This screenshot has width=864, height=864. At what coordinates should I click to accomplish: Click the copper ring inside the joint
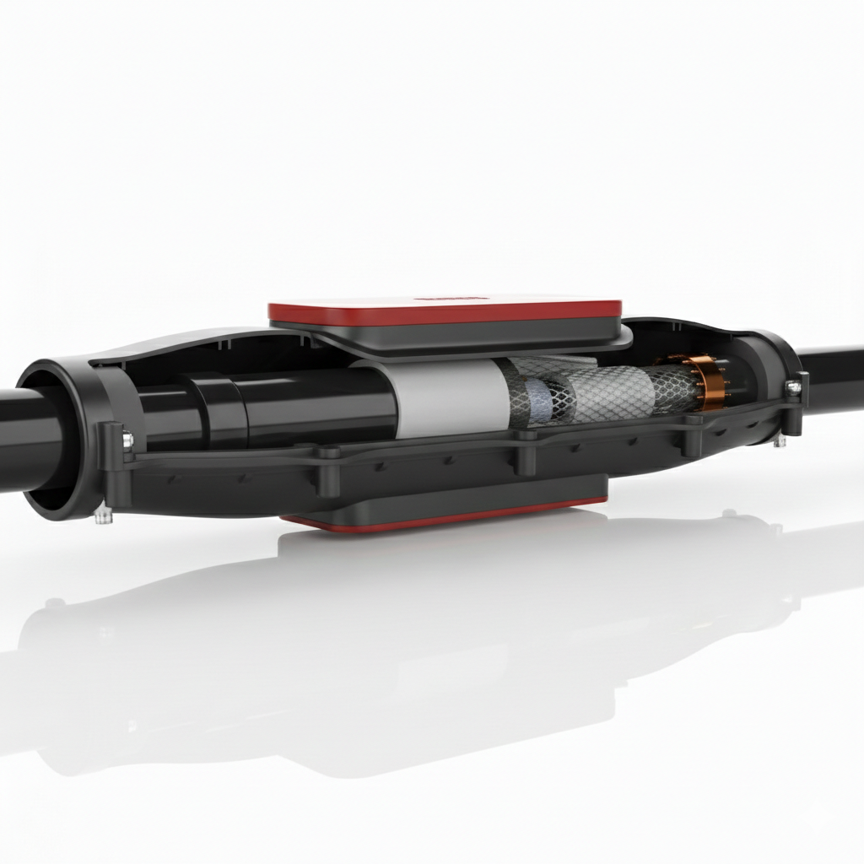[x=705, y=382]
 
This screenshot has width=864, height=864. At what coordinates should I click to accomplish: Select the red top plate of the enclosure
[x=445, y=311]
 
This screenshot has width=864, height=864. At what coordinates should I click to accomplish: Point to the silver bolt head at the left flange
[x=127, y=439]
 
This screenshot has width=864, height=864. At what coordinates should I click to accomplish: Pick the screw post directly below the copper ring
[x=692, y=442]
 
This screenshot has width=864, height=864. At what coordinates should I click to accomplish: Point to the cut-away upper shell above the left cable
[x=202, y=351]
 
